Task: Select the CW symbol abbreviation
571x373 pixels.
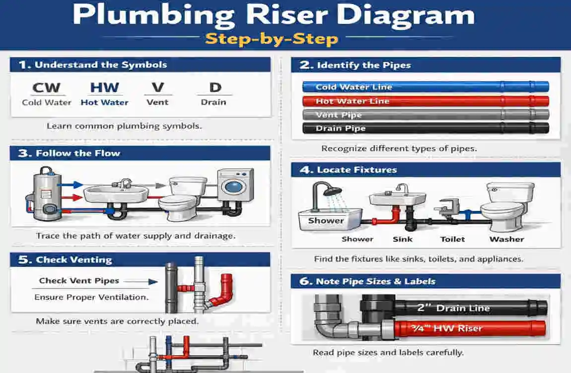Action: [46, 88]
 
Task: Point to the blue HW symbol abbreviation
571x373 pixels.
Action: [104, 88]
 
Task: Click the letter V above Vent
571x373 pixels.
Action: [157, 88]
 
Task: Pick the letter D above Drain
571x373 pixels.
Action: [214, 88]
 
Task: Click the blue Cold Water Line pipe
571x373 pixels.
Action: [425, 87]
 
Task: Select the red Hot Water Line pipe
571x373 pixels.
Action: [425, 101]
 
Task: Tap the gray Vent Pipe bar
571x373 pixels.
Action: [425, 115]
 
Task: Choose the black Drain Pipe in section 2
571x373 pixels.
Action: [425, 128]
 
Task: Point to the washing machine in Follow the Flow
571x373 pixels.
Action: [234, 189]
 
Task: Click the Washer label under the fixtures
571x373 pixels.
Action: [506, 239]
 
